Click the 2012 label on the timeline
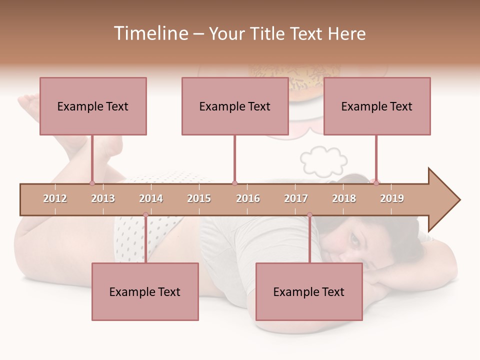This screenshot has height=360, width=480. click(x=55, y=198)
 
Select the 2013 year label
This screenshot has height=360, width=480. click(x=103, y=198)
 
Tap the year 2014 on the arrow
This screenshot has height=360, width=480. click(x=151, y=198)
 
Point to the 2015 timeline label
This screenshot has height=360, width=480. click(x=199, y=198)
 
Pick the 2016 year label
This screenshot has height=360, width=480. click(x=248, y=198)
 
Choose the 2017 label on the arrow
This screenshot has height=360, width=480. click(x=296, y=198)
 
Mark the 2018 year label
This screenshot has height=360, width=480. click(x=344, y=198)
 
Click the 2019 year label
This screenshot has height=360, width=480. click(x=392, y=198)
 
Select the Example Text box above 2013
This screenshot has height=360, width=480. click(x=93, y=106)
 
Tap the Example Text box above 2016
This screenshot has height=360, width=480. click(x=235, y=106)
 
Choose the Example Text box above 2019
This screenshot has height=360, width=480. click(x=377, y=106)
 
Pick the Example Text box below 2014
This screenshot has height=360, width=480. click(x=145, y=291)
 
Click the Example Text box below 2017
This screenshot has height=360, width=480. click(x=309, y=291)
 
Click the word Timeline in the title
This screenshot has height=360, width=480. click(x=149, y=33)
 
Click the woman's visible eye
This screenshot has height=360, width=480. click(x=355, y=239)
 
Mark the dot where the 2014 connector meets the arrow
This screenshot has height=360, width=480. click(x=145, y=215)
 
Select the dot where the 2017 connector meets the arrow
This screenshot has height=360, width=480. click(x=309, y=215)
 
